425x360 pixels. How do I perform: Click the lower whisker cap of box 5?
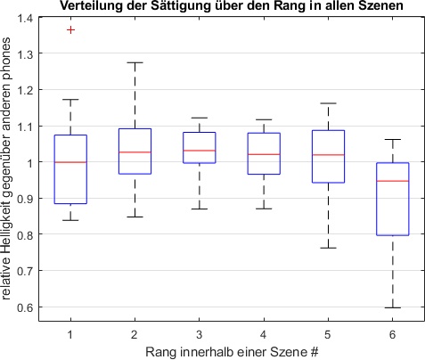[x=328, y=248]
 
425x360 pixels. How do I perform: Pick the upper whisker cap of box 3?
[x=200, y=118]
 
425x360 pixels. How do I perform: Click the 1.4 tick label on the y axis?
[x=30, y=18]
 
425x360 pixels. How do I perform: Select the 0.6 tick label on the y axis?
[x=30, y=307]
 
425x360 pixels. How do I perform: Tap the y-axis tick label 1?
[x=35, y=162]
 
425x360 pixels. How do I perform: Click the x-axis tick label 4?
[x=264, y=333]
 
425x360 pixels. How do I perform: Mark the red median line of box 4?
[x=264, y=154]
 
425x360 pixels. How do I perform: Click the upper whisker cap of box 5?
[x=328, y=103]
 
